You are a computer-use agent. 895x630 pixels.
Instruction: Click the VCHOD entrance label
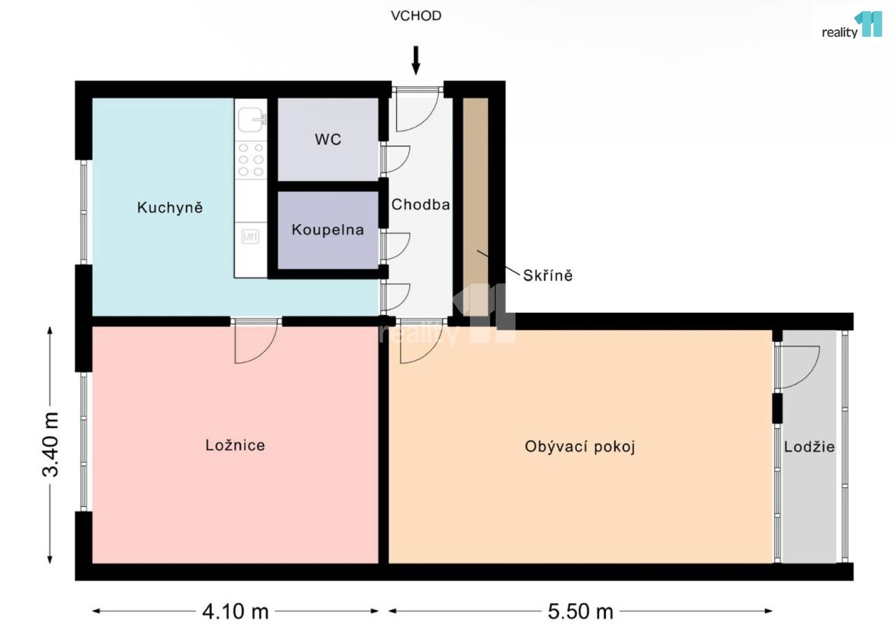416,16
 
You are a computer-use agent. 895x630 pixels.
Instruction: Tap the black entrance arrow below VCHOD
416,61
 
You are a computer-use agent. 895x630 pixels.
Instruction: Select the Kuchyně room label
170,208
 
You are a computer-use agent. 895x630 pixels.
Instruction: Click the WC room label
328,139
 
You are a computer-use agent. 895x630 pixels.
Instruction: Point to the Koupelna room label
328,230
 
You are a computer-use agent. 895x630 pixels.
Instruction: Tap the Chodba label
420,205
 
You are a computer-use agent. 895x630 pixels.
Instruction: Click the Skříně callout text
548,275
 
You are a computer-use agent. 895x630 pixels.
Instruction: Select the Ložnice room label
235,446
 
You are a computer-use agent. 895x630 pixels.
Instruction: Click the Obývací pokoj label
580,447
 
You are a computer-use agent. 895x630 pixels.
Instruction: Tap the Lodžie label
809,447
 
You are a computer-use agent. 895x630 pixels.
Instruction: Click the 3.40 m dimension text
51,444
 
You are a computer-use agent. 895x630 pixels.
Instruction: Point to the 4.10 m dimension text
235,611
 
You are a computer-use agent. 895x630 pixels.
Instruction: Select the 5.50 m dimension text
580,611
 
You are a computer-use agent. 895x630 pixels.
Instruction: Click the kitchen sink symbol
252,120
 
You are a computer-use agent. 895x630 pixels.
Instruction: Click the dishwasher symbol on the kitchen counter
250,236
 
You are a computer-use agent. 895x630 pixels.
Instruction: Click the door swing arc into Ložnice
257,345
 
